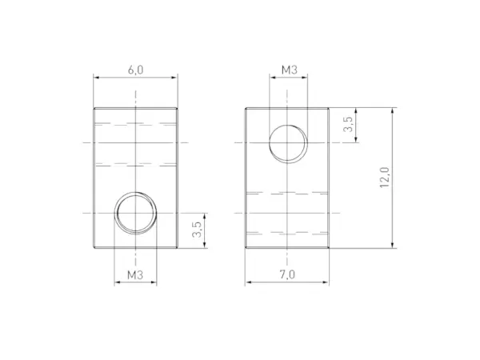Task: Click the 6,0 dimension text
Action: pyautogui.click(x=135, y=70)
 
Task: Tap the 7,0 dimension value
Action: pyautogui.click(x=288, y=274)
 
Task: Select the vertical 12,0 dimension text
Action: pyautogui.click(x=385, y=178)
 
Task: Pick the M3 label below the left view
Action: pyautogui.click(x=135, y=274)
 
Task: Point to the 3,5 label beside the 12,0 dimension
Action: pyautogui.click(x=347, y=125)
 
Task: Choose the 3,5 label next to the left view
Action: pyautogui.click(x=197, y=231)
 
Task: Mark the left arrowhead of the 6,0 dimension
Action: pyautogui.click(x=97, y=78)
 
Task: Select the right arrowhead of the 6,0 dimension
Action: pyautogui.click(x=174, y=78)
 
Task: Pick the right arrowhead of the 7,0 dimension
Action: pyautogui.click(x=327, y=282)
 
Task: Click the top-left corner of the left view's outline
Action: pyautogui.click(x=94, y=108)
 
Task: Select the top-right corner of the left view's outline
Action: pyautogui.click(x=177, y=108)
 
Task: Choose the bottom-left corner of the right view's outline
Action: pyautogui.click(x=246, y=249)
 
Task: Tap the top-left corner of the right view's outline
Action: pyautogui.click(x=246, y=108)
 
